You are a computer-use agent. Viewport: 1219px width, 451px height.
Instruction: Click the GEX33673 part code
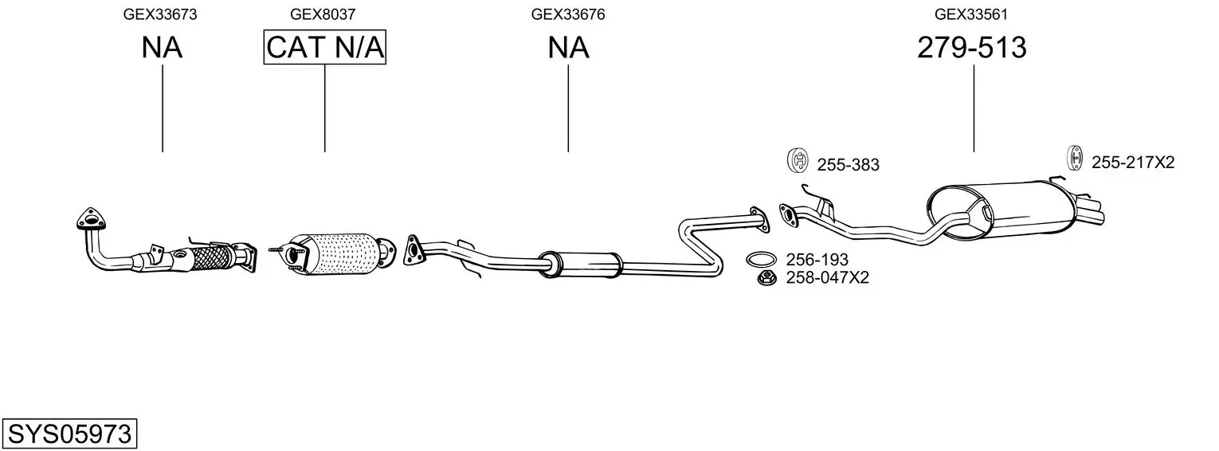click(160, 14)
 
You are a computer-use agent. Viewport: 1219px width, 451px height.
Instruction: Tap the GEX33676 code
click(567, 14)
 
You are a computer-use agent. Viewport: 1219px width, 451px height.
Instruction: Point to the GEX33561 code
click(972, 14)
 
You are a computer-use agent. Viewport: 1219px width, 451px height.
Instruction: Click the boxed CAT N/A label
click(325, 48)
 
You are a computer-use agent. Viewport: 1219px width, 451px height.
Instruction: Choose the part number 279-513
click(972, 48)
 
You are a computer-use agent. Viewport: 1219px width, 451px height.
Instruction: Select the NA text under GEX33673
click(162, 48)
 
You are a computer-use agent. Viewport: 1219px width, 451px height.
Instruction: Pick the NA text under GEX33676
click(568, 48)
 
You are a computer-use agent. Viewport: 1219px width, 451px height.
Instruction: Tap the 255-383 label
click(848, 166)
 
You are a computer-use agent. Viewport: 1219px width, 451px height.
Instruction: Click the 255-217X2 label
click(1132, 163)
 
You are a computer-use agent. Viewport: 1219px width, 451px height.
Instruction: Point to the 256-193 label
click(817, 260)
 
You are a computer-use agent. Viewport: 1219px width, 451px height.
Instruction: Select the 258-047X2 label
click(827, 278)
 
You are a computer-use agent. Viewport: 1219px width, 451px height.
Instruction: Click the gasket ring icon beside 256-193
click(762, 259)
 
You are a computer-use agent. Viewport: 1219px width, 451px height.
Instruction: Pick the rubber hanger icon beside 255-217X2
click(1074, 158)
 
